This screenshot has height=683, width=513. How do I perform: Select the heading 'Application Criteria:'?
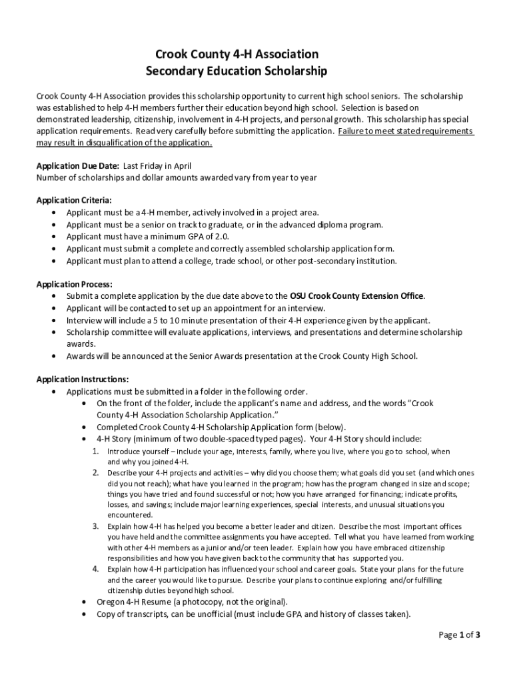(74, 200)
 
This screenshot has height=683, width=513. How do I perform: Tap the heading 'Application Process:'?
(74, 284)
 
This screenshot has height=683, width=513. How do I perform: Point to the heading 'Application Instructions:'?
(83, 380)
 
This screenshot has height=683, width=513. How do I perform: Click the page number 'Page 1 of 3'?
(459, 634)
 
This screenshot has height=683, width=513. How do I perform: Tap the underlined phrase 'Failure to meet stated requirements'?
(405, 131)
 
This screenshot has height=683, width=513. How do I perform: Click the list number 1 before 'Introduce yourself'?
(96, 452)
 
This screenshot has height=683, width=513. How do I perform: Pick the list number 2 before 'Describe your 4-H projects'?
(96, 472)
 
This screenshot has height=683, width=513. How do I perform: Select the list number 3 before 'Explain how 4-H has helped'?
(96, 526)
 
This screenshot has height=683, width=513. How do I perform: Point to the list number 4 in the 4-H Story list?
(96, 569)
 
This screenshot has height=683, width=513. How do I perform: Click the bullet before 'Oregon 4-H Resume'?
(83, 602)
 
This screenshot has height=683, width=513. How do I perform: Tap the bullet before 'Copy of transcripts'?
(83, 614)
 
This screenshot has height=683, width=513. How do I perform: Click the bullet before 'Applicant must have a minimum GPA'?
(53, 236)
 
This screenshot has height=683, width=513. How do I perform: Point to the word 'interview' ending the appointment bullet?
(308, 308)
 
